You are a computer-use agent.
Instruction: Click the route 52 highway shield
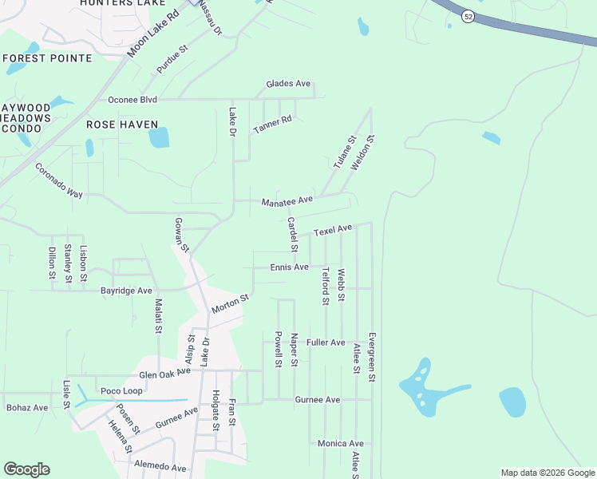point(467,15)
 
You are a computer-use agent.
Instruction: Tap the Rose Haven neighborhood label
point(122,125)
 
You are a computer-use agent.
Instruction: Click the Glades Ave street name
point(288,84)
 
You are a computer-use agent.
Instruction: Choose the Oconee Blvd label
point(132,100)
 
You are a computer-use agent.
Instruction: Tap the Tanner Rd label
point(273,125)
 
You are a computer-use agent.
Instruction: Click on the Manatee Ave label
point(287,202)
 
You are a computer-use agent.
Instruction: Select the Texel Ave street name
point(333,230)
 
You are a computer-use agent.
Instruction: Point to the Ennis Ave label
point(289,267)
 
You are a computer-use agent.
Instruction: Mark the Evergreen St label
point(371,357)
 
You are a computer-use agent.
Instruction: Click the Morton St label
point(231,303)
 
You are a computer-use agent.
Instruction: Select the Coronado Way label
point(59,181)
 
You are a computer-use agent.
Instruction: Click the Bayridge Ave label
point(126,291)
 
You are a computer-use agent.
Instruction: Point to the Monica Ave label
point(340,443)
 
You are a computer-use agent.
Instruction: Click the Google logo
point(26,469)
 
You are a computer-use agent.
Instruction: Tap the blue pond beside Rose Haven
point(159,138)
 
